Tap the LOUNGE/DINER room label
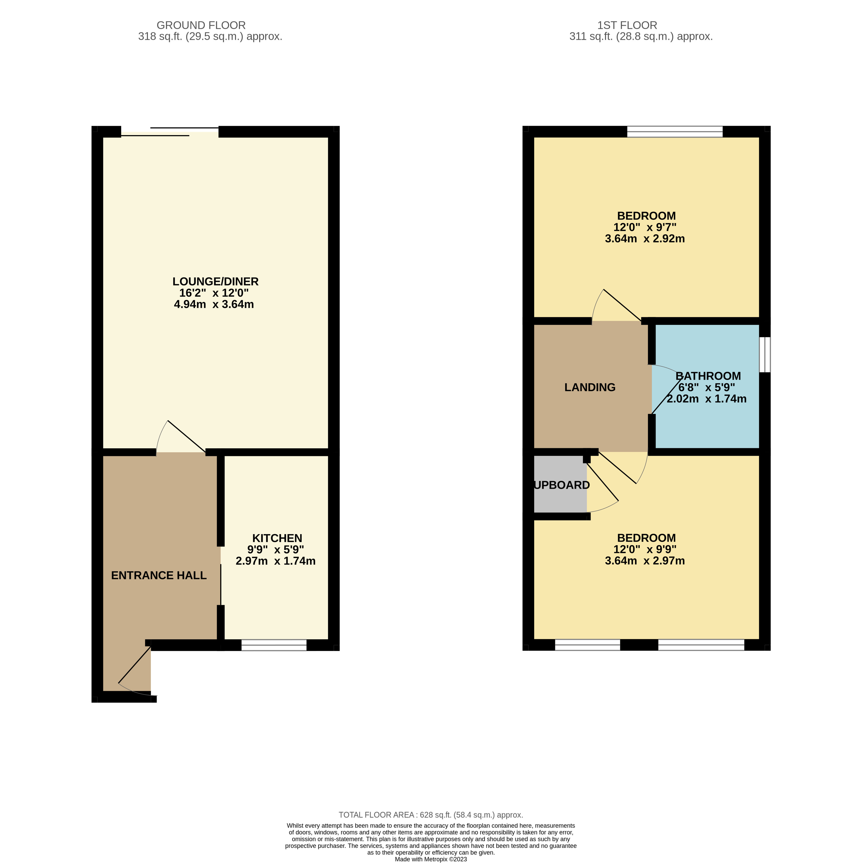click(x=215, y=282)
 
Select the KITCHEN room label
click(x=277, y=538)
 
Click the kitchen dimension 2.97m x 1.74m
click(x=275, y=561)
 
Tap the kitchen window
click(x=274, y=645)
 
